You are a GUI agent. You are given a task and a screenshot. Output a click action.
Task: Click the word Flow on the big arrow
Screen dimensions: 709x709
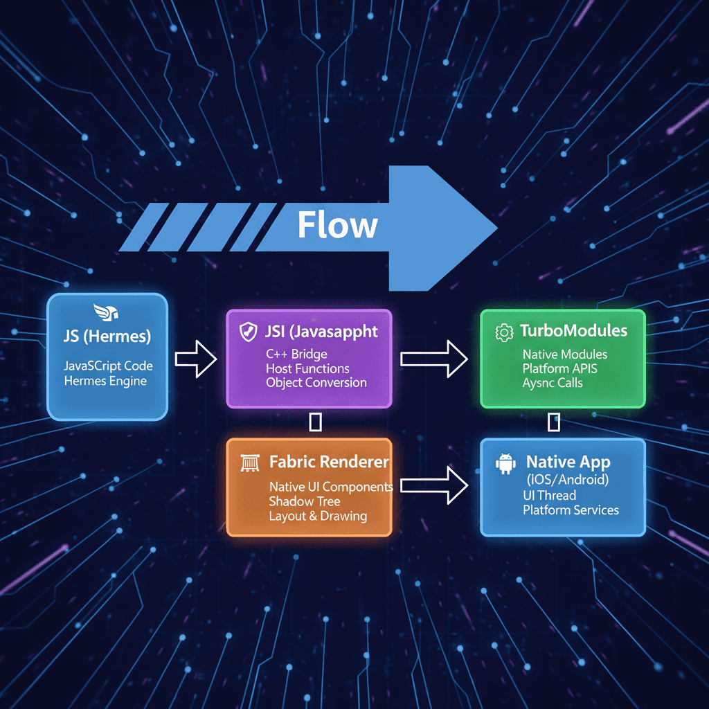337,225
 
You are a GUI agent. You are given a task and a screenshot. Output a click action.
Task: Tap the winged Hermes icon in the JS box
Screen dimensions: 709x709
106,312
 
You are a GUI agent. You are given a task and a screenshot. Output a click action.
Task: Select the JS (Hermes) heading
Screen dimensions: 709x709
106,337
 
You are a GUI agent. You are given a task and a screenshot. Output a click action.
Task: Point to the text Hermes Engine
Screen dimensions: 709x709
105,380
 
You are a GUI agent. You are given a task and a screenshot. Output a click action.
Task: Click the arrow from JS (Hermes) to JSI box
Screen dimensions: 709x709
196,359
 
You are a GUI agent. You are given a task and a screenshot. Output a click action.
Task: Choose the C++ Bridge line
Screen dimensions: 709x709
296,354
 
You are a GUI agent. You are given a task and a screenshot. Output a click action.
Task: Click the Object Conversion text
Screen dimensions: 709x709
316,383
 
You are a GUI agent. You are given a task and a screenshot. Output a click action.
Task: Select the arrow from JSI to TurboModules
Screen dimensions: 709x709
434,359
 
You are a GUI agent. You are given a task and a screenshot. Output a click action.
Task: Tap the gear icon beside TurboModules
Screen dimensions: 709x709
503,332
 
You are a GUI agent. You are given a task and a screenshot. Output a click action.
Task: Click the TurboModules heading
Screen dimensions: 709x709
573,331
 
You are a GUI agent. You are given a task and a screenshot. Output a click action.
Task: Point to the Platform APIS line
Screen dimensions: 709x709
559,368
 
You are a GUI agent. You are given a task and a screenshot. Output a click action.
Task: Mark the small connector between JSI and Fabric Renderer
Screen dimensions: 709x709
315,422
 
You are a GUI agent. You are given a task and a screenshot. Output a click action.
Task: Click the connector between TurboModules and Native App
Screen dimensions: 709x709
553,421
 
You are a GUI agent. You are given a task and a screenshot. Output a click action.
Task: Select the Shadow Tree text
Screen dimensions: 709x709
304,501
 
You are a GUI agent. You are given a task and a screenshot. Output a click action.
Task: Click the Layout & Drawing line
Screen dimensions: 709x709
318,516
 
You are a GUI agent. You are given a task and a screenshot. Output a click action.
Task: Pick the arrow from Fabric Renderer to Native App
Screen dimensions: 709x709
434,485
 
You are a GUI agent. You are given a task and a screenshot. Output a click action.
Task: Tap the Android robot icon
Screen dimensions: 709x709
506,463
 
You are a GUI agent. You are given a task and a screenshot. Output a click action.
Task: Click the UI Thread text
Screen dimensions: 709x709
549,495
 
